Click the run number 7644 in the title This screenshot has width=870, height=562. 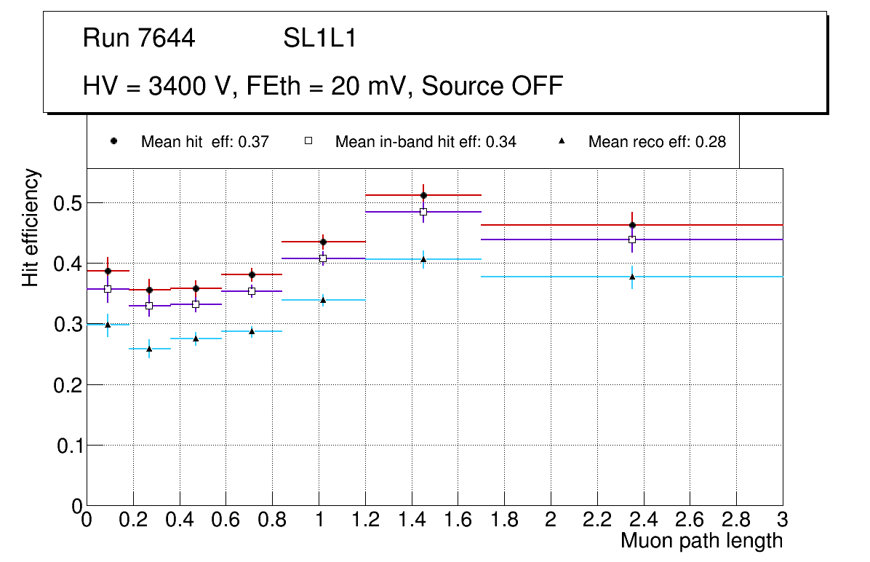[167, 39]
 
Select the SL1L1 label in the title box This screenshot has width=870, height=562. [320, 39]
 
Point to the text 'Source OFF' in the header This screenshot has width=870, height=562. [492, 86]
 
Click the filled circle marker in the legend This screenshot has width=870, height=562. [113, 141]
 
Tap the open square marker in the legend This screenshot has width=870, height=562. [308, 141]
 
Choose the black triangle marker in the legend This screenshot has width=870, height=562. [562, 141]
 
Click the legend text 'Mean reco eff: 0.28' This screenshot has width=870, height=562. [657, 142]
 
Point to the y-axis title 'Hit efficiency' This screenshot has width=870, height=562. [31, 228]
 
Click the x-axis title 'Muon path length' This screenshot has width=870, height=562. [701, 541]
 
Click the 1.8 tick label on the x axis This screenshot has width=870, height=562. [504, 521]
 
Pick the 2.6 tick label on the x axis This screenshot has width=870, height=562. [690, 521]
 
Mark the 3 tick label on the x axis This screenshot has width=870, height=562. [782, 521]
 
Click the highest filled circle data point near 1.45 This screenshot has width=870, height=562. [423, 195]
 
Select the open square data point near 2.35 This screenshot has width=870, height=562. [632, 240]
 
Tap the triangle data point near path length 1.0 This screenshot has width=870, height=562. [323, 300]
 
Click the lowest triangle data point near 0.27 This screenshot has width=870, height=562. [149, 349]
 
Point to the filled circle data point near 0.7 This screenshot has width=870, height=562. [252, 274]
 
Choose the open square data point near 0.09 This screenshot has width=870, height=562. [108, 289]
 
